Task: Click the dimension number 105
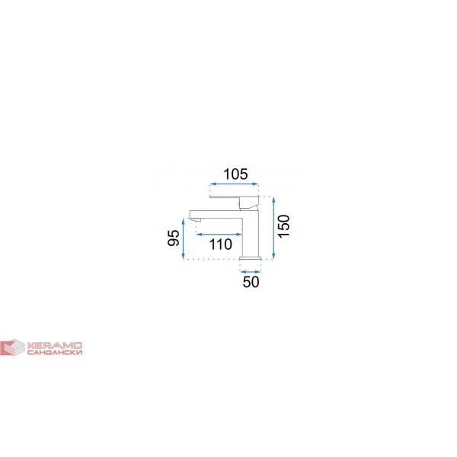tap(235, 174)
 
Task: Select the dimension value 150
tap(284, 226)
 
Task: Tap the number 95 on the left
tap(174, 238)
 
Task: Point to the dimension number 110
tap(221, 244)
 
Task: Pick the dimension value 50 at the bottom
tap(251, 282)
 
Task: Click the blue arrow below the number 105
tap(235, 184)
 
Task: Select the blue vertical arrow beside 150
tap(273, 228)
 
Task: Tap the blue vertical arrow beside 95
tap(183, 238)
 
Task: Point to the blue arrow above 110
tap(219, 234)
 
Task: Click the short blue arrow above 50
tap(251, 272)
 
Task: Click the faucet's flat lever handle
tap(235, 197)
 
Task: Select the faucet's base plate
tap(251, 258)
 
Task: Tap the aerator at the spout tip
tap(196, 220)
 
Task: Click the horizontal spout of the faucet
tap(216, 214)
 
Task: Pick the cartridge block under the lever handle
tap(248, 203)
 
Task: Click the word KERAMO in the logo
tap(55, 346)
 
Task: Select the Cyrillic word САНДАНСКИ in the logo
tap(55, 353)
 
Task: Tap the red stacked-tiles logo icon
tap(12, 347)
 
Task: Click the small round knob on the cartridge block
tap(239, 204)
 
